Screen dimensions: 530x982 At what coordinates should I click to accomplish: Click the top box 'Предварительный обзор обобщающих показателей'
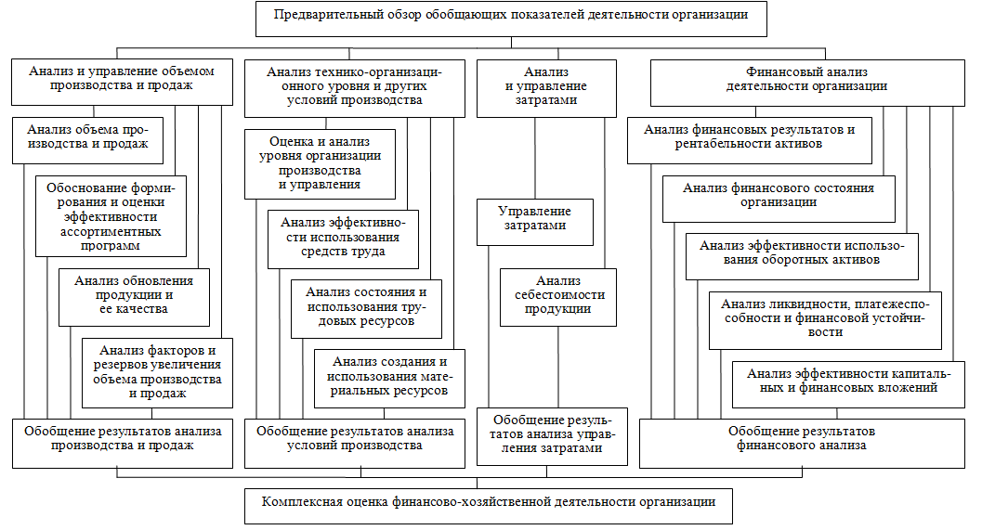(511, 17)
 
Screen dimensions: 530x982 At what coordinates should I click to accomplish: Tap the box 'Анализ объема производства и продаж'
(89, 138)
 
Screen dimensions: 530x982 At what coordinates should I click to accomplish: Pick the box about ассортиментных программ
(111, 215)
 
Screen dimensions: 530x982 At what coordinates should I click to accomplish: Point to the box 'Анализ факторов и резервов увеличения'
(157, 372)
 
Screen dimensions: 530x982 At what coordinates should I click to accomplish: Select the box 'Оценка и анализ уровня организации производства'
(320, 163)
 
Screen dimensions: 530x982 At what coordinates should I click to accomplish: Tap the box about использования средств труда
(343, 238)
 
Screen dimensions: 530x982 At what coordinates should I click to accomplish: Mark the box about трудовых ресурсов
(366, 307)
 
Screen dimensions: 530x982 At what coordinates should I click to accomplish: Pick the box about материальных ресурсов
(388, 377)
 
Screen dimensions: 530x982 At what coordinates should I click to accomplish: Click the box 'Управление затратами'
(535, 220)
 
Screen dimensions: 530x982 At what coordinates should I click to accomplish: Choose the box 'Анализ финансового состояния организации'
(779, 196)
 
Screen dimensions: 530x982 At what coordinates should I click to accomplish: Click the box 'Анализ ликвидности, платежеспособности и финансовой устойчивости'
(824, 318)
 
